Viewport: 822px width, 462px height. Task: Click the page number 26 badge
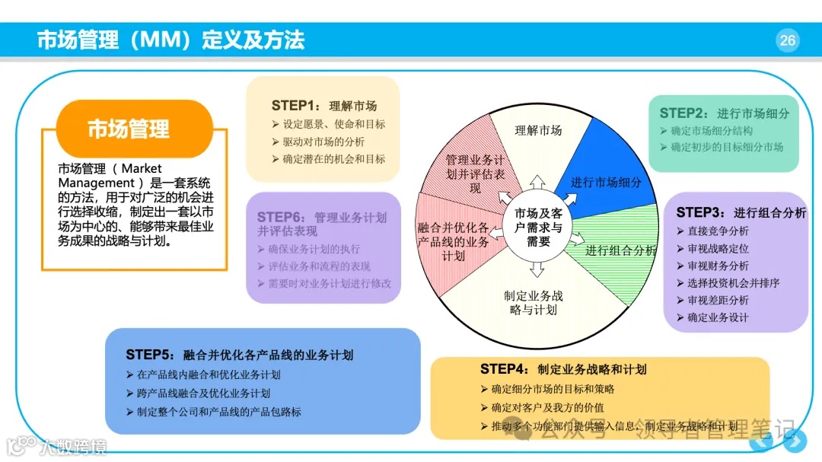pyautogui.click(x=787, y=40)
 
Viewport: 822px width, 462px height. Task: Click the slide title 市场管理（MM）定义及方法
pyautogui.click(x=170, y=40)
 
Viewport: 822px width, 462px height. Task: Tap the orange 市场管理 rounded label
pyautogui.click(x=128, y=129)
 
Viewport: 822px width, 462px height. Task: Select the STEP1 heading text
pyautogui.click(x=323, y=106)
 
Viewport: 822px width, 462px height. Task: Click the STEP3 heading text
pyautogui.click(x=741, y=213)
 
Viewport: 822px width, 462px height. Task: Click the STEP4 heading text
pyautogui.click(x=563, y=369)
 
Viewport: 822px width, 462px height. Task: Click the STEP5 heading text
pyautogui.click(x=239, y=355)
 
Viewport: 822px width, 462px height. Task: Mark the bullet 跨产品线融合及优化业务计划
pyautogui.click(x=203, y=393)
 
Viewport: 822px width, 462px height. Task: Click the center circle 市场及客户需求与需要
pyautogui.click(x=537, y=226)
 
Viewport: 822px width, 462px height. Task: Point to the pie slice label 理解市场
pyautogui.click(x=538, y=130)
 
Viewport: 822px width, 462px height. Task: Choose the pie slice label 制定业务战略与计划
pyautogui.click(x=533, y=302)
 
